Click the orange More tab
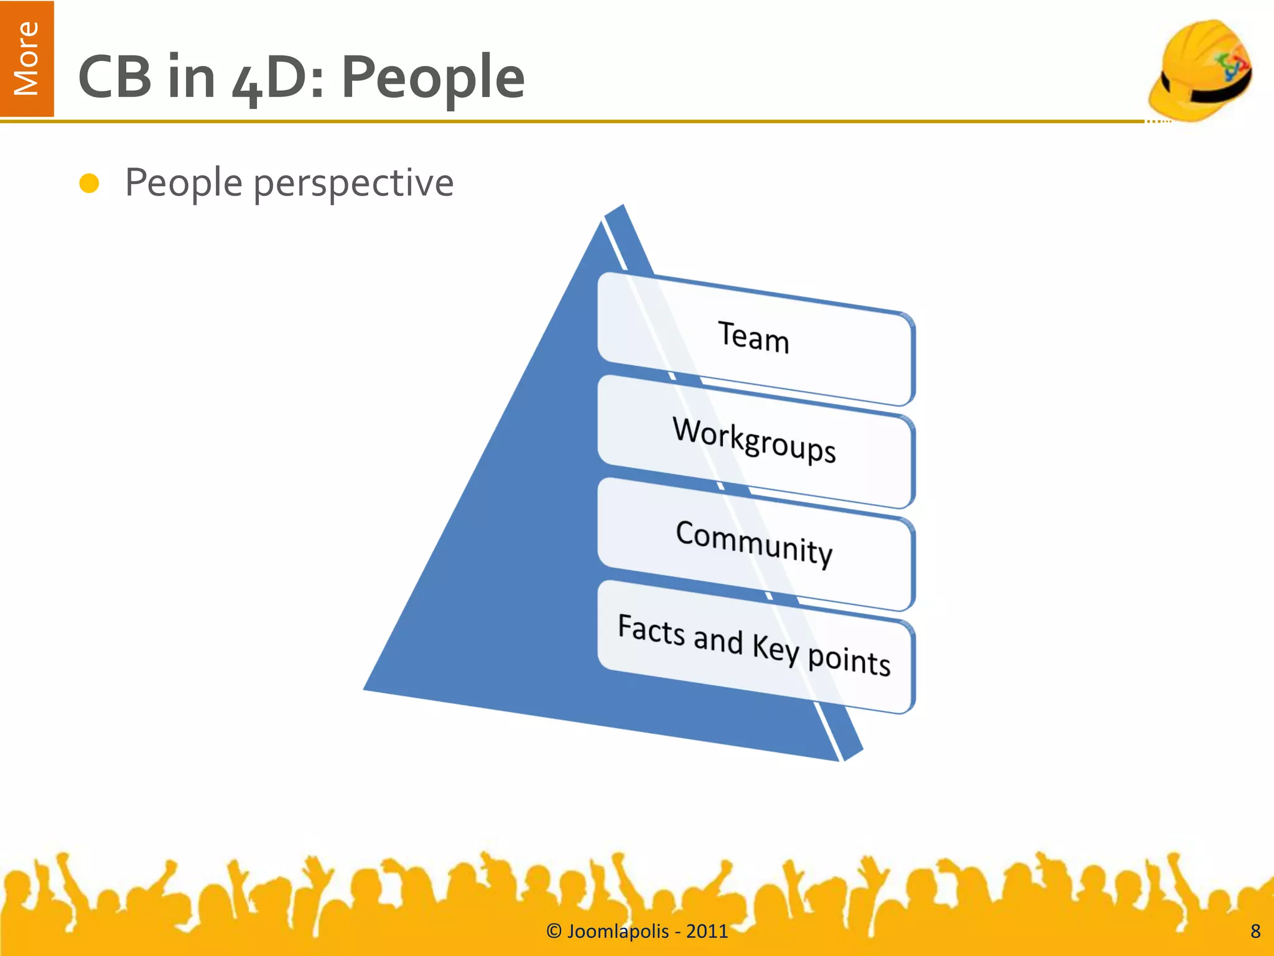click(x=27, y=59)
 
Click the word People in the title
click(x=433, y=77)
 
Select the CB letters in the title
click(x=115, y=77)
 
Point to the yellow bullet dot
click(x=90, y=184)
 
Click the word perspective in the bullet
click(x=353, y=184)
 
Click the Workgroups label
click(x=754, y=439)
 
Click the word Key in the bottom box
click(x=775, y=649)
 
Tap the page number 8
click(x=1255, y=931)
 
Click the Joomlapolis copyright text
click(x=637, y=931)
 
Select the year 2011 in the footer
click(x=707, y=931)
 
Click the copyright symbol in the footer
click(x=554, y=931)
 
